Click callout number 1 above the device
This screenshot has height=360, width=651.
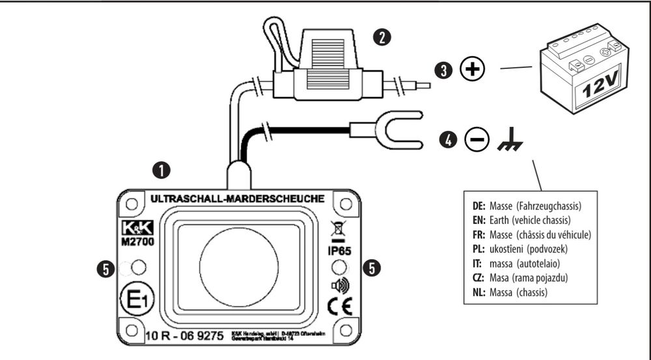pyautogui.click(x=159, y=170)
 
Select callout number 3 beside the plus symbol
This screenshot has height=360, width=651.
pyautogui.click(x=445, y=70)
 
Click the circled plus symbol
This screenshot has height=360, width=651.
pyautogui.click(x=473, y=70)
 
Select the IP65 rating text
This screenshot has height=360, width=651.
pyautogui.click(x=339, y=249)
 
